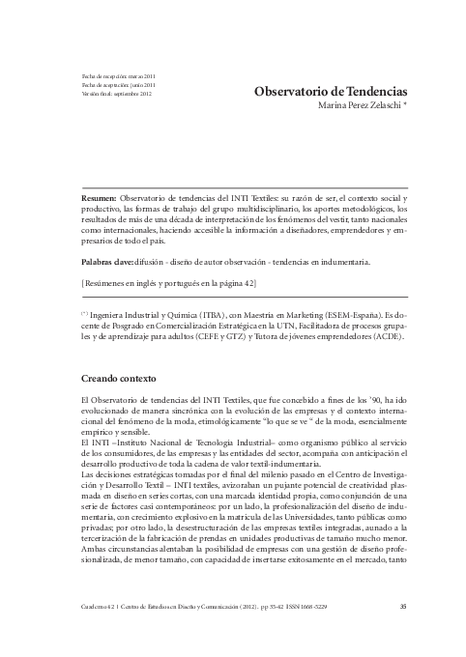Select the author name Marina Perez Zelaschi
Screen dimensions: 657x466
tap(354, 106)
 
